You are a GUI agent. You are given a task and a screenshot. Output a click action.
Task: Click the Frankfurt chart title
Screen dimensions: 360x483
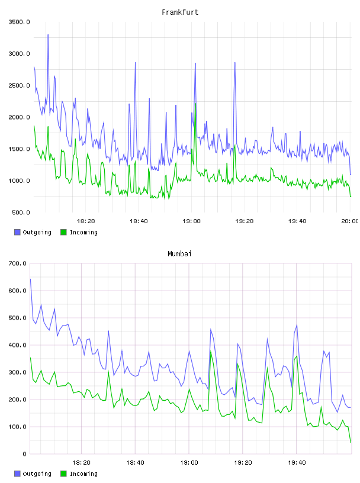(x=180, y=12)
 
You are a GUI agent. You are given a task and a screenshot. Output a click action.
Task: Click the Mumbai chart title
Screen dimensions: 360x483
(x=179, y=254)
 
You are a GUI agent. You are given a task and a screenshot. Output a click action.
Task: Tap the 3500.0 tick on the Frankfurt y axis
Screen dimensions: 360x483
(x=20, y=22)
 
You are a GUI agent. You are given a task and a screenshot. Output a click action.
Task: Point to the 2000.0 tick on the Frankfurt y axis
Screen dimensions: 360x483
(x=20, y=117)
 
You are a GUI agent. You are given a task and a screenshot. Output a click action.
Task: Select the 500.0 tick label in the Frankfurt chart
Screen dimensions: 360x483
(x=21, y=212)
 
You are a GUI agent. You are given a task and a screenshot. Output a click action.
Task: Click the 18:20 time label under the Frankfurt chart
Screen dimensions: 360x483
(x=86, y=221)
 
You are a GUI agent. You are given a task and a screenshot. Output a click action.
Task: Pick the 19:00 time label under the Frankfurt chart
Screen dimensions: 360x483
(x=191, y=221)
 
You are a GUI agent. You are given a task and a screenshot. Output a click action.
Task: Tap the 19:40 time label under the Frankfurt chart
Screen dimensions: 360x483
(x=297, y=221)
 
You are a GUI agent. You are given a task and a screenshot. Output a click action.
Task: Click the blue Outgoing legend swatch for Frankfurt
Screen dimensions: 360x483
(x=17, y=232)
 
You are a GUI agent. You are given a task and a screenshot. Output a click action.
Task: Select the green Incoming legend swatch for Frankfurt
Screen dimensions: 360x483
(x=63, y=232)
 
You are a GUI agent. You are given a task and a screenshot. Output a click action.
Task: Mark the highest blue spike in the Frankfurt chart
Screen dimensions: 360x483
(x=48, y=35)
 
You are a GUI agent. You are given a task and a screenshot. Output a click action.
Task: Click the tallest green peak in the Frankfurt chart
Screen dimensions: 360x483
(x=195, y=104)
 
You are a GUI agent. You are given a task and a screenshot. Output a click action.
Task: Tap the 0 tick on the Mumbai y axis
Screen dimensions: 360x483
(x=24, y=454)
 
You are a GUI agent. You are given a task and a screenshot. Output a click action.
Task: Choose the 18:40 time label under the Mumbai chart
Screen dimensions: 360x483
(x=135, y=463)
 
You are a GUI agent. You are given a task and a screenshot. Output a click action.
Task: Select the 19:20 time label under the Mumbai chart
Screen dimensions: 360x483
(x=243, y=463)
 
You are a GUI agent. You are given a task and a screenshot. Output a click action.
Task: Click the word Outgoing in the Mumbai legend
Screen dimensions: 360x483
(x=37, y=474)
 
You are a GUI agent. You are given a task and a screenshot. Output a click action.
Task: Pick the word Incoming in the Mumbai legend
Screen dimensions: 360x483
(x=83, y=474)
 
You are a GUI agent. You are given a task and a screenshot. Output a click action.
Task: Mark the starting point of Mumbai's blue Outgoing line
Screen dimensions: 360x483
(x=30, y=279)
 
